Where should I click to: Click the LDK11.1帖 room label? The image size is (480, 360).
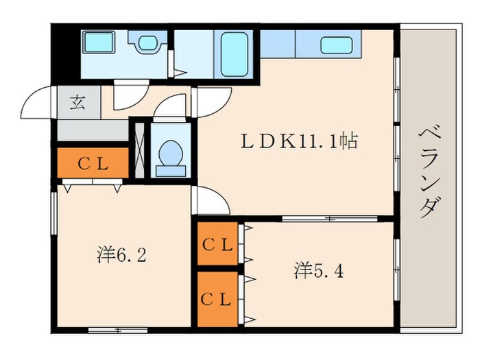(298, 142)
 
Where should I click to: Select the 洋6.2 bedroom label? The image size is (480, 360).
(121, 255)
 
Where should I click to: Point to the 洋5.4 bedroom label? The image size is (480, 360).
(319, 270)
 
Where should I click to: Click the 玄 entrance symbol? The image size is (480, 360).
(76, 104)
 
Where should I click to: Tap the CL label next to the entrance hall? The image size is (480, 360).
(92, 163)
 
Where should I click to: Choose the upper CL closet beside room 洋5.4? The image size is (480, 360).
(217, 244)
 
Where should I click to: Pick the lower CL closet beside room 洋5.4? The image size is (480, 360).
(217, 299)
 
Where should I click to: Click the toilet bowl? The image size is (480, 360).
(169, 154)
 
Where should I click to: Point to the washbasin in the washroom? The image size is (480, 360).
(147, 43)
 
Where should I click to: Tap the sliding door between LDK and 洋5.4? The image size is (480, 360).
(329, 219)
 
